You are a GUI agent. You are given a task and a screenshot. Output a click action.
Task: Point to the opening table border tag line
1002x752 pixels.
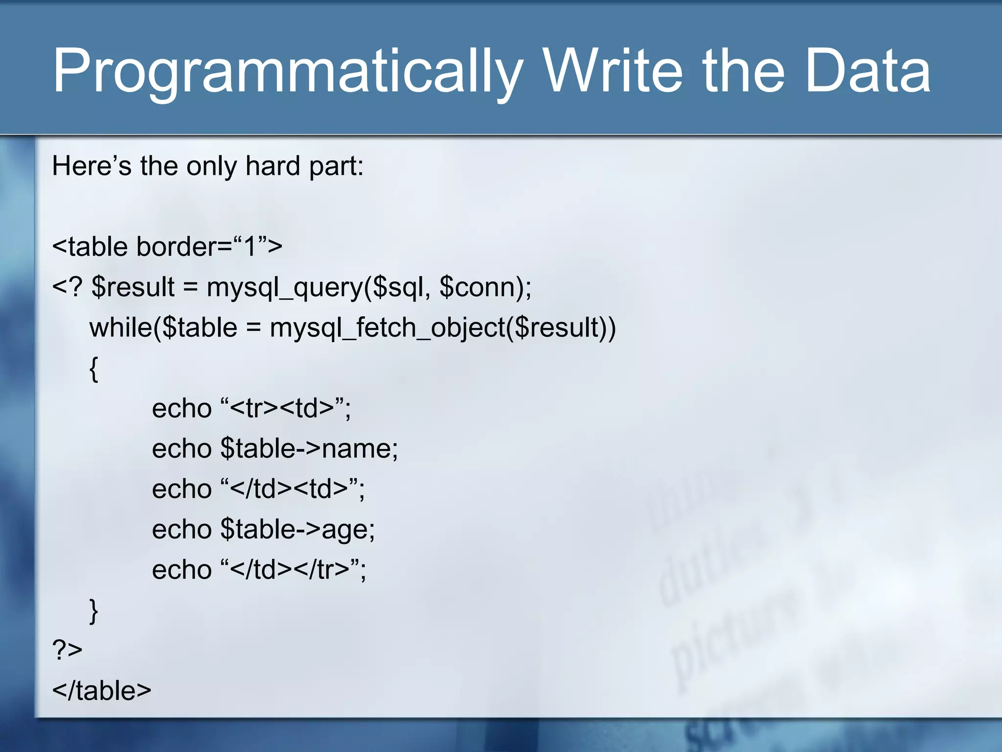coord(167,246)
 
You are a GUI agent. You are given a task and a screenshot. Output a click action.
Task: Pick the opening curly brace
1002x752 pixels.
coord(94,369)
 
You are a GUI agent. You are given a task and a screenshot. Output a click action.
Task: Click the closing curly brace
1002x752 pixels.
coord(94,611)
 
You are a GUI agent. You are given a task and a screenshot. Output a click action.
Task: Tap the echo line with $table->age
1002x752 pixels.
coord(263,529)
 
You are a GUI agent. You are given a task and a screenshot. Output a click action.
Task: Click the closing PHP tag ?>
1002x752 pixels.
coord(67,650)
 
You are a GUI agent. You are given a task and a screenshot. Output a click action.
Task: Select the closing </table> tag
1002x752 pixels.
coord(102,691)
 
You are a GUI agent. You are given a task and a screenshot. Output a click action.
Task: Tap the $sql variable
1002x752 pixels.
coord(397,287)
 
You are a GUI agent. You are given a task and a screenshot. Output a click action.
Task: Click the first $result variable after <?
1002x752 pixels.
coord(133,287)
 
